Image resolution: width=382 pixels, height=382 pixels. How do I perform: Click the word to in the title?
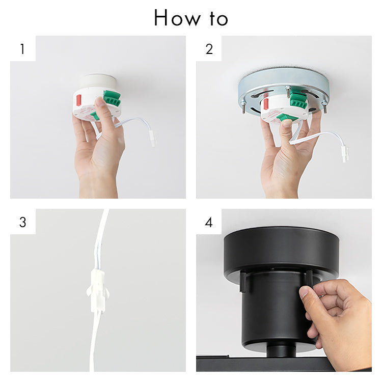tap(219, 19)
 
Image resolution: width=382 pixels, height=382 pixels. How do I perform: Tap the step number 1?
tap(22, 49)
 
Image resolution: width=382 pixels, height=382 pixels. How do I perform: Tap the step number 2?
tap(209, 49)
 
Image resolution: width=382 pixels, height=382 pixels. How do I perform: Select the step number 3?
tap(22, 222)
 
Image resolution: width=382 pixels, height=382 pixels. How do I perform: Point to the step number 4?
tap(209, 222)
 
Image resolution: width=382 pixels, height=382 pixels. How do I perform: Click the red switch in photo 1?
tap(78, 100)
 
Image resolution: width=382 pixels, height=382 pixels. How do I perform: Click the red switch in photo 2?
tap(266, 104)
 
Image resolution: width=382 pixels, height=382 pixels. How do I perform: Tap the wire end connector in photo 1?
tap(152, 139)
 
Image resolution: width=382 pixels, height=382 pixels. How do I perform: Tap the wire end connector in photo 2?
tap(344, 153)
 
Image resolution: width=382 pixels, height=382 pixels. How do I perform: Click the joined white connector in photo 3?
tap(98, 291)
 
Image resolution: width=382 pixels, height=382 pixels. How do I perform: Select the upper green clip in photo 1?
tap(112, 98)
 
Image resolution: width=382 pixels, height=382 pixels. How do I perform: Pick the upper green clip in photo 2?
tap(298, 100)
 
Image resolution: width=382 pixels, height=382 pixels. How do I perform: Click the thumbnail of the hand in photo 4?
tap(303, 292)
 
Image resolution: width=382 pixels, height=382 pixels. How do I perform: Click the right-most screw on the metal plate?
tap(325, 108)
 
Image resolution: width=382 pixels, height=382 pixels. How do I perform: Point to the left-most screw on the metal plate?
tap(243, 109)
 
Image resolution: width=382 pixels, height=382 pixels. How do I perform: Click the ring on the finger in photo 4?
tap(321, 296)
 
